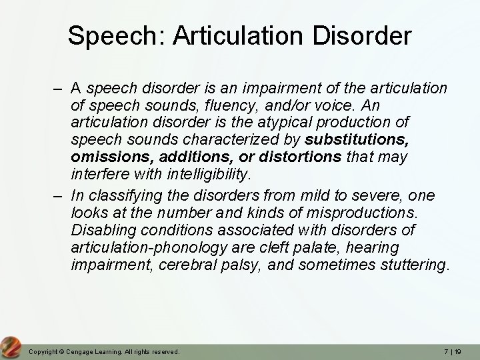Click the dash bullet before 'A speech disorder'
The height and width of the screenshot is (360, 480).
[x=59, y=87]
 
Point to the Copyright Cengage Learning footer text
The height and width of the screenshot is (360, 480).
[x=103, y=351]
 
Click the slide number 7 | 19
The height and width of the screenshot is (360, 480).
[x=451, y=351]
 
